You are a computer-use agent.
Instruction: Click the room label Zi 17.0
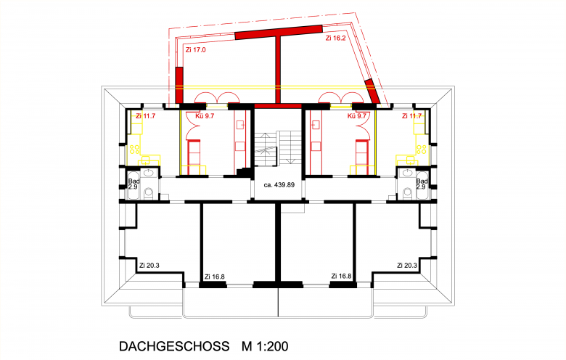[196, 50]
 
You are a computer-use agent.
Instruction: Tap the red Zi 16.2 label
[335, 38]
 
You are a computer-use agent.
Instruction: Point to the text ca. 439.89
[279, 185]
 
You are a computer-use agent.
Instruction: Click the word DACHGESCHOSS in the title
[174, 346]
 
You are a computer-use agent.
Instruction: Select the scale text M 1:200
[265, 346]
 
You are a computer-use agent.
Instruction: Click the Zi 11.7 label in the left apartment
[145, 116]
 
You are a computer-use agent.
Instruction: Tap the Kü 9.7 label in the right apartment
[356, 116]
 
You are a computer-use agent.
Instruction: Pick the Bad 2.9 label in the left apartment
[134, 184]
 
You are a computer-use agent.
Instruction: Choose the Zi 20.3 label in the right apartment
[407, 266]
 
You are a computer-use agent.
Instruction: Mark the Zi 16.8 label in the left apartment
[214, 277]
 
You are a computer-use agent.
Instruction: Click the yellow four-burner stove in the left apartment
[135, 150]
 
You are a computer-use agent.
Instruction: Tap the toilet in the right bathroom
[408, 193]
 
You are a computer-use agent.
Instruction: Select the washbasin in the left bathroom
[148, 173]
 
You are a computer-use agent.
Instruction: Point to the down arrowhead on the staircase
[289, 160]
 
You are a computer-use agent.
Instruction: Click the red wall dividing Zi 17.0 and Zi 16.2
[278, 70]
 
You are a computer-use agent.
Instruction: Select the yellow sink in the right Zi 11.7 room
[411, 160]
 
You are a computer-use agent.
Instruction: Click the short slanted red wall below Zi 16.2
[372, 91]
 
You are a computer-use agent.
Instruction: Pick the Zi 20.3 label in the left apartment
[149, 266]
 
